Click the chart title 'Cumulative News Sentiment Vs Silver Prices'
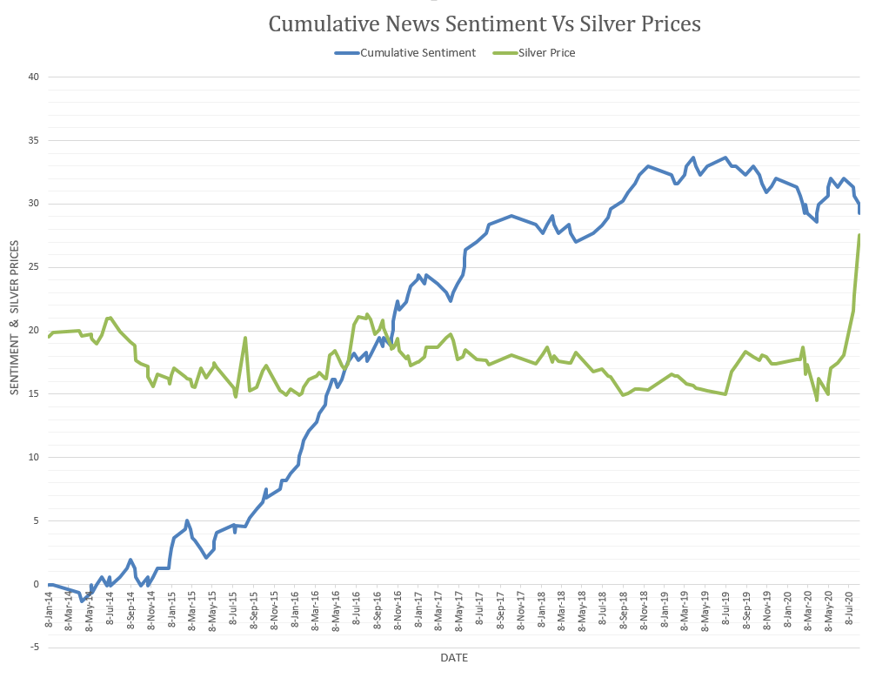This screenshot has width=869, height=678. coord(484,23)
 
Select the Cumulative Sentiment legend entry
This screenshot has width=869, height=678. coord(418,52)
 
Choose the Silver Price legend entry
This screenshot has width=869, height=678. coord(545,52)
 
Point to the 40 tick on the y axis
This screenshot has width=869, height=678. coord(34,77)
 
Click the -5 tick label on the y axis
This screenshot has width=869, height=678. coord(34,648)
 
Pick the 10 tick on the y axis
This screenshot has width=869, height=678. coord(34,458)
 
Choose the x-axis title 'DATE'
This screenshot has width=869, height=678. coord(453,657)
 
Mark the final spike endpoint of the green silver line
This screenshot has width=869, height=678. coord(859,235)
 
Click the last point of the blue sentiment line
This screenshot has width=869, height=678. coord(859,213)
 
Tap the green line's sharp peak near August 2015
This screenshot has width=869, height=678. coord(245,338)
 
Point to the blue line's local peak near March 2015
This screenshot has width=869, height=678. coord(187,520)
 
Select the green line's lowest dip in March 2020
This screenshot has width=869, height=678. coord(817,399)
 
